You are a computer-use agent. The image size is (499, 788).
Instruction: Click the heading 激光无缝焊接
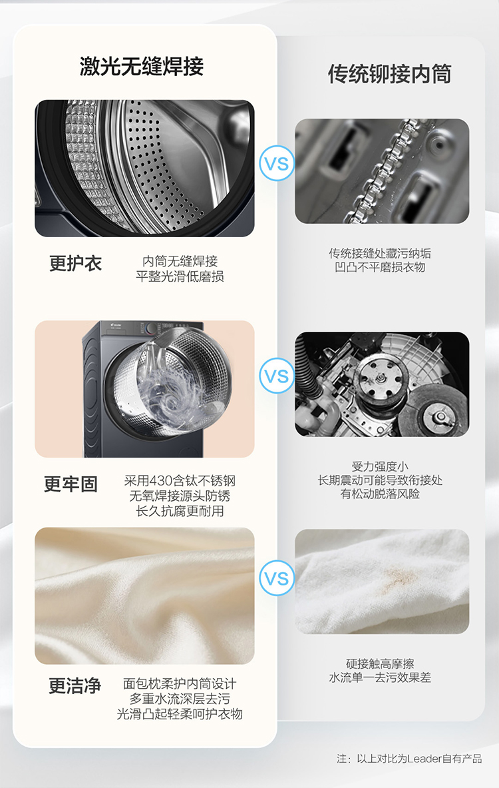[142, 67]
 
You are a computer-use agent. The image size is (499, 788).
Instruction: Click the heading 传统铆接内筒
[390, 74]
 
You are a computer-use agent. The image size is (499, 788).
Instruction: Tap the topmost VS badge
[277, 163]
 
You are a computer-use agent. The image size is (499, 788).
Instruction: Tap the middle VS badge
[277, 376]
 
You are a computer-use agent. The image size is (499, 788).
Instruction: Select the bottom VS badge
[277, 578]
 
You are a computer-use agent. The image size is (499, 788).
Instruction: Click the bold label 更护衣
[75, 263]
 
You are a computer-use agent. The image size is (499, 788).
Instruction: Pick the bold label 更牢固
[71, 484]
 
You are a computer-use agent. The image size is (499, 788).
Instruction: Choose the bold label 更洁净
[75, 685]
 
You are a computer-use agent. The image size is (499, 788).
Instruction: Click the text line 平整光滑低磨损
[180, 276]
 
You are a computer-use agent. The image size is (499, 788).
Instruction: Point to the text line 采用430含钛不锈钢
[180, 480]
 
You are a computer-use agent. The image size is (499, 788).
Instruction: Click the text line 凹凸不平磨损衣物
[380, 267]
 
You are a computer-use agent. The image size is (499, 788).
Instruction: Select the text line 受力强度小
[380, 466]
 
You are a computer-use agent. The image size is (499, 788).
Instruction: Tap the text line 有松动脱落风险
[380, 494]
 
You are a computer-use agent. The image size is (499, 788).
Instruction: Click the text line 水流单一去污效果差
[380, 677]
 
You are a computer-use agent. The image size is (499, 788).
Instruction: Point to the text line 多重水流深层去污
[180, 699]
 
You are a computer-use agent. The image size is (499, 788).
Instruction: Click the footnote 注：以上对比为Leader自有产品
[409, 758]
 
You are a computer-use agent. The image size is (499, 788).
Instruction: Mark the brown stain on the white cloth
[399, 578]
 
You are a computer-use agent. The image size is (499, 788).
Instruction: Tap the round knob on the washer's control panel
[151, 329]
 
